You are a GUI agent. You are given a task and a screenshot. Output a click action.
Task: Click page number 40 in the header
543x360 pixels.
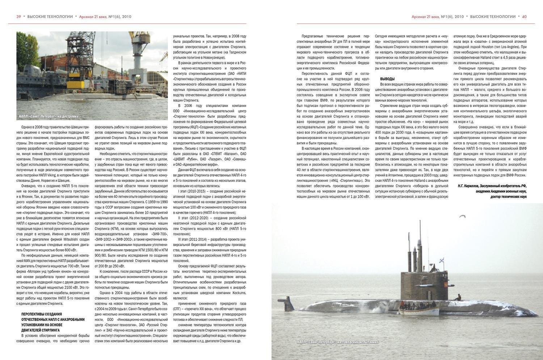click(524, 17)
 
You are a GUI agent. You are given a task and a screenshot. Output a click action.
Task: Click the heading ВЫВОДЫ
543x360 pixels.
click(387, 79)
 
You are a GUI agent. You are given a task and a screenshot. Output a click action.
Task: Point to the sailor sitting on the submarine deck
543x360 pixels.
click(458, 297)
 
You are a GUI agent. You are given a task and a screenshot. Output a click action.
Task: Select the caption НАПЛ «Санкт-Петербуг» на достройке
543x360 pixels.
click(49, 117)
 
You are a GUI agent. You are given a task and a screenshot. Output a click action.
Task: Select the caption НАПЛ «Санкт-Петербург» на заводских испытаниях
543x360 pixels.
click(338, 342)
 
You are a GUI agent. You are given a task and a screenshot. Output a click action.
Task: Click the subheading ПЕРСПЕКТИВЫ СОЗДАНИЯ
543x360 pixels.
click(42, 314)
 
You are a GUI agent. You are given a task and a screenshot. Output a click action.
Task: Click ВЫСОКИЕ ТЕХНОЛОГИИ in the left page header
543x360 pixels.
click(50, 17)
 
